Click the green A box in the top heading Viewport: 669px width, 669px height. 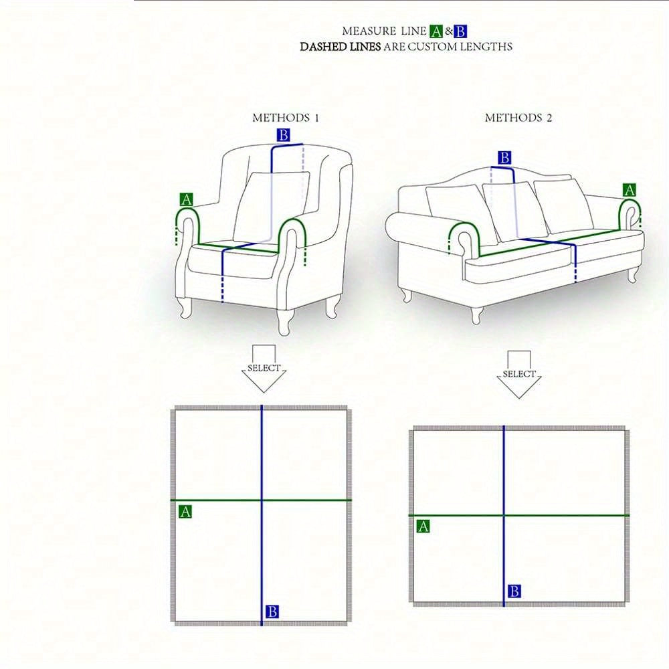436,31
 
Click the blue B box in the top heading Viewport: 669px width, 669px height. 460,31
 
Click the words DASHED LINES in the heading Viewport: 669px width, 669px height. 340,47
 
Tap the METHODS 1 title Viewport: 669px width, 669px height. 286,118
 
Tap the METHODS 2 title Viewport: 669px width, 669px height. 518,118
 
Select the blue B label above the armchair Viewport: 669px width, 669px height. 283,135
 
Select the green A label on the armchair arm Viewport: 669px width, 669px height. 186,199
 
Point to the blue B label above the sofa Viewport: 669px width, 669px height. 504,158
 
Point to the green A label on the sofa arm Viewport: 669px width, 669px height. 630,190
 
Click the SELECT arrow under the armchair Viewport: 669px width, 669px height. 264,369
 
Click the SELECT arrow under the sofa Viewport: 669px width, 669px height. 519,375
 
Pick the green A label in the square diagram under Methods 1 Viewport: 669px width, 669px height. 185,512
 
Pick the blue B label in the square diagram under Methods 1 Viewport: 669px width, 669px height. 272,611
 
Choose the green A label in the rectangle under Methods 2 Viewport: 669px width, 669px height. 423,526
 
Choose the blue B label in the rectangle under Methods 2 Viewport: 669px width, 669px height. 514,591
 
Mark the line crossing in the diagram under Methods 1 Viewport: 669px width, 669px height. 262,500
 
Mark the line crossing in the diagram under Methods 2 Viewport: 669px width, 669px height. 504,515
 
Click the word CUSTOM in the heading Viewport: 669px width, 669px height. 432,47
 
